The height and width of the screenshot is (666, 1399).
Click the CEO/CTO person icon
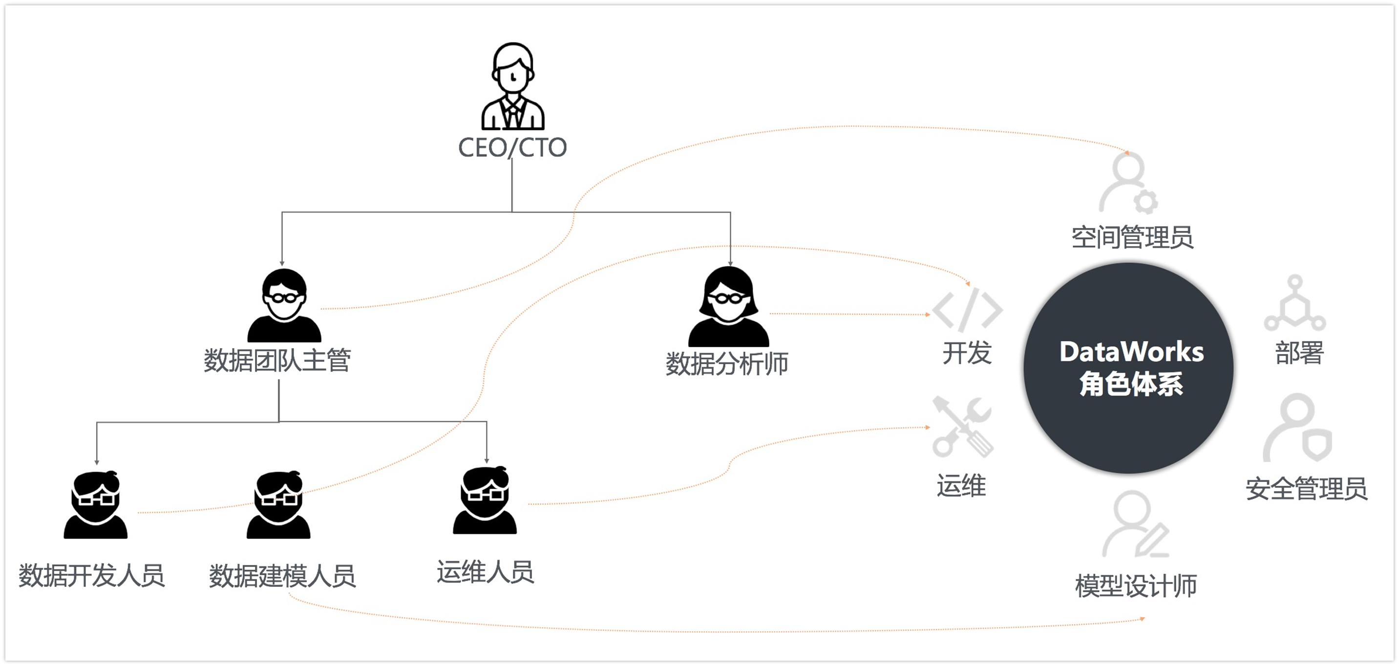click(x=513, y=87)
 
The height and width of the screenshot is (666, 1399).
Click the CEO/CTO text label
click(x=512, y=147)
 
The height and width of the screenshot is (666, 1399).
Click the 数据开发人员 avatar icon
click(x=96, y=505)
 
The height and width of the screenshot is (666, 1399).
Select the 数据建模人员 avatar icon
click(x=278, y=505)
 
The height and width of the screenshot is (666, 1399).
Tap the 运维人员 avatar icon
click(x=485, y=500)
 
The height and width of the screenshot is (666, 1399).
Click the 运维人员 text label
click(x=486, y=572)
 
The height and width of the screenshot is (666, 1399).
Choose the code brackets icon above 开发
click(x=967, y=310)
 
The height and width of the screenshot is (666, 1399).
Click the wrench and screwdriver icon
click(x=962, y=427)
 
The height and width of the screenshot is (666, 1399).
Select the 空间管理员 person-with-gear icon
click(x=1128, y=183)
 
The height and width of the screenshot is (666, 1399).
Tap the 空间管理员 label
click(x=1132, y=238)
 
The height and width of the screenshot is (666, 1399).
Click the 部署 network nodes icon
click(x=1295, y=304)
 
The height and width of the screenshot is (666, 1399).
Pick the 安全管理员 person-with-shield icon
click(x=1298, y=428)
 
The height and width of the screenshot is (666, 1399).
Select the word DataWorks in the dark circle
click(x=1131, y=352)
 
